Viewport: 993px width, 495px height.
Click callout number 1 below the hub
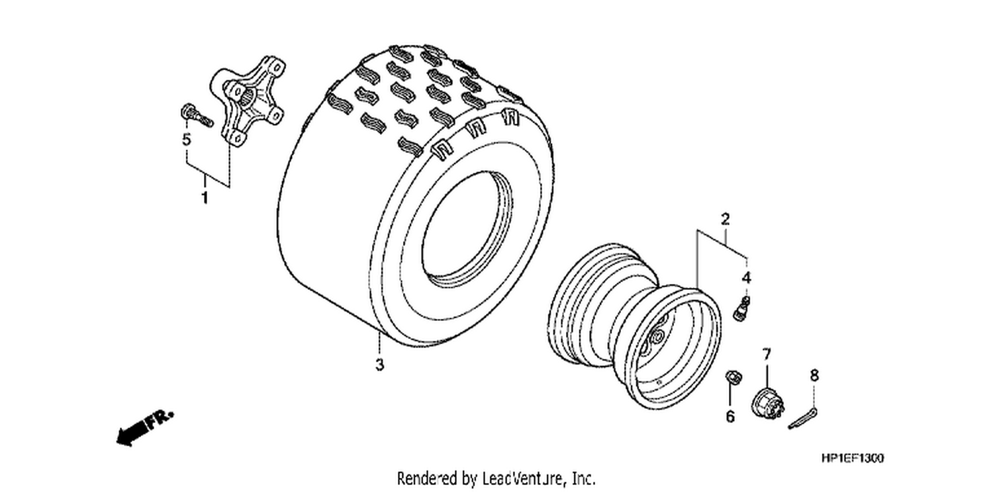(205, 198)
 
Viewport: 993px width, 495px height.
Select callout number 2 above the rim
(726, 219)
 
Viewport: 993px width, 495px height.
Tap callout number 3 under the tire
(379, 364)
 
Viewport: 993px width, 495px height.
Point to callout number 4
(747, 278)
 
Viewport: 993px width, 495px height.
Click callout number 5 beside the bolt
(187, 140)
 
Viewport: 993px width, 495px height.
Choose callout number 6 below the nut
(730, 416)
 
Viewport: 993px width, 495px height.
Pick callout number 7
(767, 354)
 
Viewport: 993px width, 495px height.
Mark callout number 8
(814, 376)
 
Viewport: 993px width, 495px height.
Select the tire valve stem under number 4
(741, 309)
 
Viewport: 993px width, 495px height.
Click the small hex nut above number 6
(733, 378)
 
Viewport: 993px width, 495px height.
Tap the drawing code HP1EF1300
(853, 458)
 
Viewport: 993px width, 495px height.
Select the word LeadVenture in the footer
(524, 479)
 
